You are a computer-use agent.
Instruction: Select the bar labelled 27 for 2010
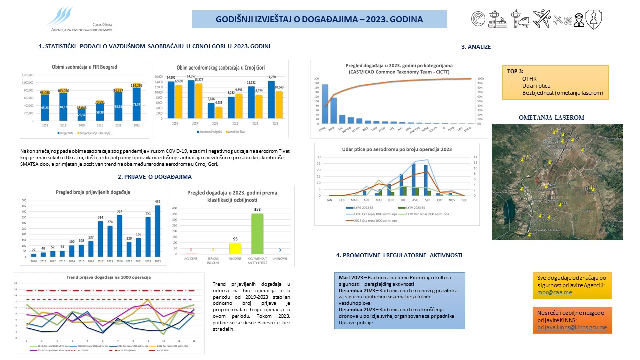pyautogui.click(x=33, y=255)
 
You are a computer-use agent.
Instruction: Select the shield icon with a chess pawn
pyautogui.click(x=594, y=19)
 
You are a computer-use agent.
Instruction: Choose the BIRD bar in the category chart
pyautogui.click(x=334, y=110)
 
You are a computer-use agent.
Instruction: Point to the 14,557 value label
pyautogui.click(x=191, y=76)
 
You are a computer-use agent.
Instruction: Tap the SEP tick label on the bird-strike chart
pyautogui.click(x=426, y=200)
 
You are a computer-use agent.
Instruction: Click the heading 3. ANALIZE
pyautogui.click(x=476, y=47)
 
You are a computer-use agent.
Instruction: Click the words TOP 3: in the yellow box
pyautogui.click(x=516, y=71)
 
